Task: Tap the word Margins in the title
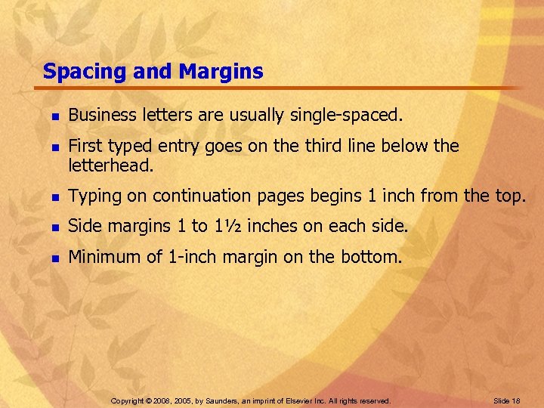221,72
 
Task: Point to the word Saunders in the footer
215,400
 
